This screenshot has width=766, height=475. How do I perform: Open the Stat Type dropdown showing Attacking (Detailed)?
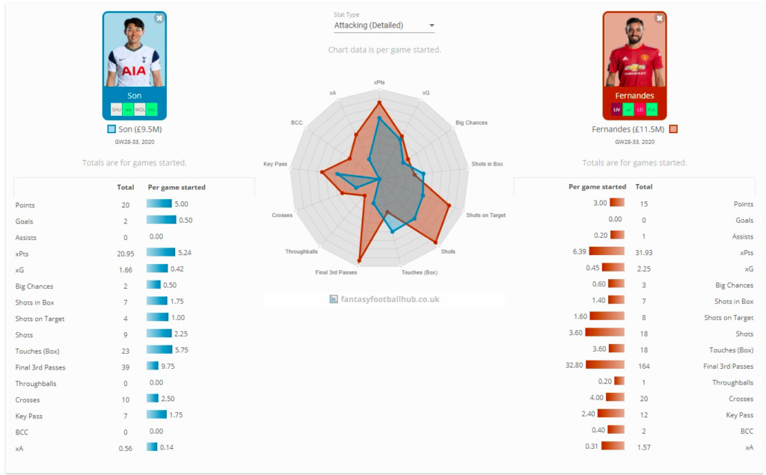click(x=384, y=25)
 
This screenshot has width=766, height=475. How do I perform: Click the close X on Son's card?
click(x=159, y=18)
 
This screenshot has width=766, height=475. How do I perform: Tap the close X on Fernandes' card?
click(x=659, y=18)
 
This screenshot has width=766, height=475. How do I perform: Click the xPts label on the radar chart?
click(x=380, y=82)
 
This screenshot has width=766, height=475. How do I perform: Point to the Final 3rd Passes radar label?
click(x=336, y=272)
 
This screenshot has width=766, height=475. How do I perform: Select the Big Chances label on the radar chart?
click(x=471, y=122)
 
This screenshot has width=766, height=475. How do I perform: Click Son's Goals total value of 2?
click(x=125, y=221)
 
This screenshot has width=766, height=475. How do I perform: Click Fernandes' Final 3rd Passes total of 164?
click(x=643, y=367)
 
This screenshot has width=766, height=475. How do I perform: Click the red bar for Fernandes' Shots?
click(x=604, y=334)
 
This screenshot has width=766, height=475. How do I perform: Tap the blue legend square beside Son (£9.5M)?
click(x=111, y=129)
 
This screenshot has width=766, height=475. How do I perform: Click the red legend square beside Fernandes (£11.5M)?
click(x=673, y=129)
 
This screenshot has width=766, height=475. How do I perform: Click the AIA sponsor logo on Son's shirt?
click(x=134, y=71)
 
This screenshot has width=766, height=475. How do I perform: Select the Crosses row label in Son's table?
click(x=28, y=399)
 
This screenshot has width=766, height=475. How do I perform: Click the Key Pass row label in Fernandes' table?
click(x=739, y=415)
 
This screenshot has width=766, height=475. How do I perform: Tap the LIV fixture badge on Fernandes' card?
click(x=616, y=109)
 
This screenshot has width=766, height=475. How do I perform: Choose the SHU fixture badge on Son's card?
click(x=116, y=109)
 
